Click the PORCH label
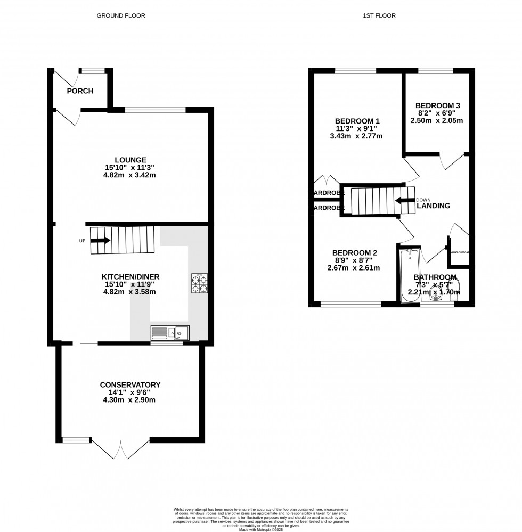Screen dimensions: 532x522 coord(80,91)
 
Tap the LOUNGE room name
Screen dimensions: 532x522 coord(130,159)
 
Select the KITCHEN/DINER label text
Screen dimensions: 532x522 coord(130,276)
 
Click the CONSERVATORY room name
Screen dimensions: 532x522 coord(130,384)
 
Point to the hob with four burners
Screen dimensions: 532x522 coord(199,283)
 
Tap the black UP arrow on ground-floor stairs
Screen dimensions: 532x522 coord(100,240)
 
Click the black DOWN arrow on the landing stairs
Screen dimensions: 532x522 coord(405,201)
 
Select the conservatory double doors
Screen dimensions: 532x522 coord(121,449)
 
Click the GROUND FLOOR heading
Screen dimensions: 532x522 coord(120,15)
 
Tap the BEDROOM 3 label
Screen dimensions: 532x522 coord(438,105)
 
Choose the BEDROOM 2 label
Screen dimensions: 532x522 coord(355,252)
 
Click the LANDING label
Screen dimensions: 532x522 coord(433,206)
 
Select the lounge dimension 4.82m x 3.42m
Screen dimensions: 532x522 coord(130,175)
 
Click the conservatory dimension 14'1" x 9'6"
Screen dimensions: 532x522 coord(130,392)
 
